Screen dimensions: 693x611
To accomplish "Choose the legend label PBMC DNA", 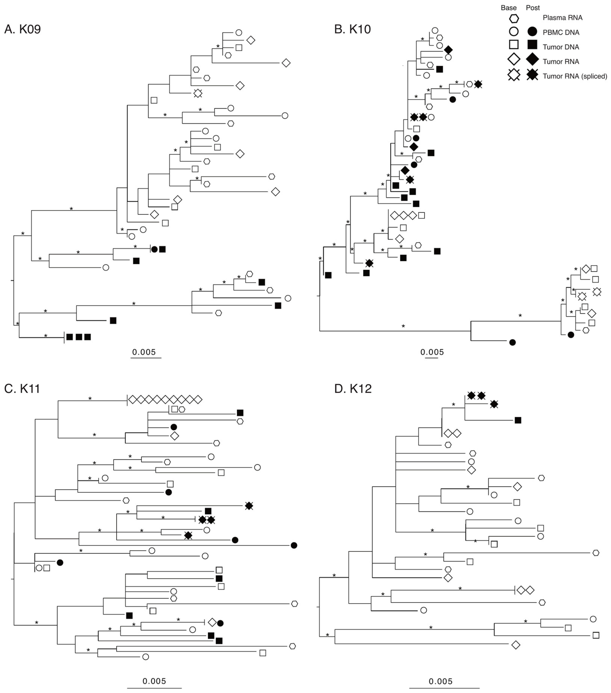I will pyautogui.click(x=561, y=33).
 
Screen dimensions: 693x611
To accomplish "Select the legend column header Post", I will pyautogui.click(x=533, y=8).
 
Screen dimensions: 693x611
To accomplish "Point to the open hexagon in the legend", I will pyautogui.click(x=514, y=18).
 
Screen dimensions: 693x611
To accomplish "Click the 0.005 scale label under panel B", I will pyautogui.click(x=432, y=352).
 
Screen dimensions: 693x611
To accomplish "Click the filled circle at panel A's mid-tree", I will pyautogui.click(x=154, y=249).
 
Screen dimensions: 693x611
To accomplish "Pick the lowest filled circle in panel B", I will pyautogui.click(x=512, y=342).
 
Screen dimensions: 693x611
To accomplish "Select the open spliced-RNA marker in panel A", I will pyautogui.click(x=198, y=93).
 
